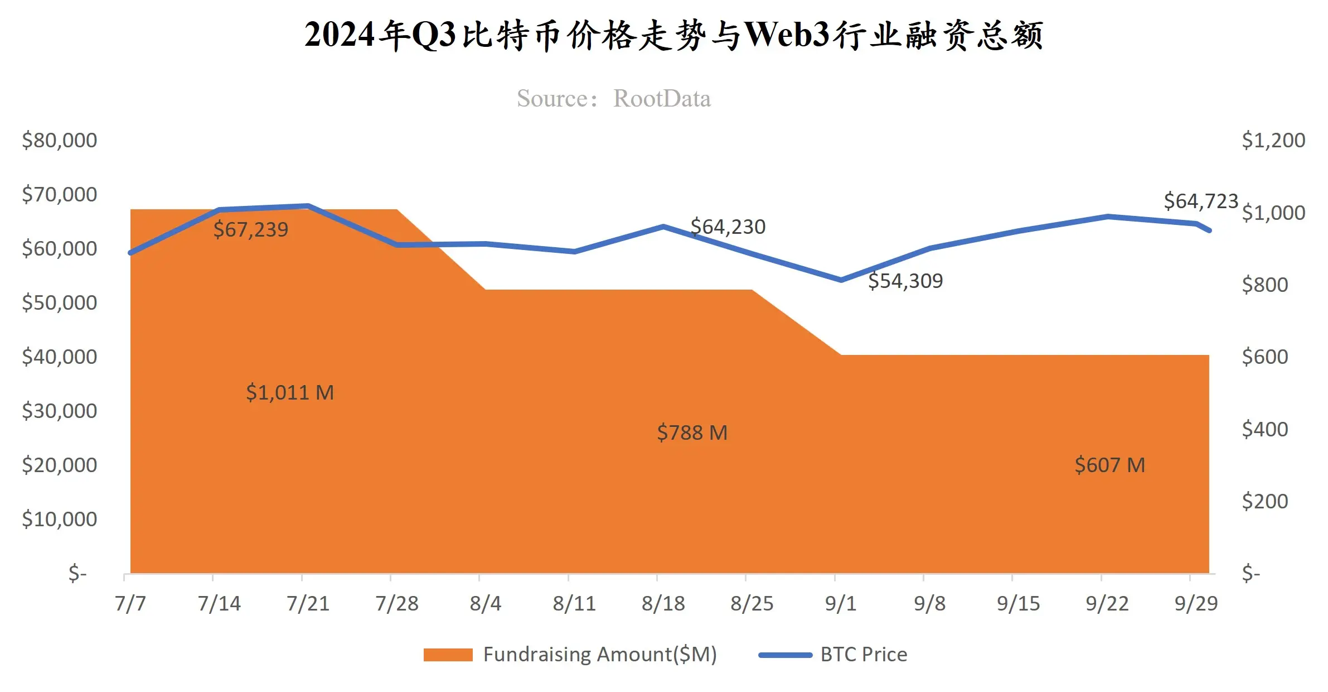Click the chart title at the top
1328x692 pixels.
click(673, 35)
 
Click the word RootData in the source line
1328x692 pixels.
click(662, 99)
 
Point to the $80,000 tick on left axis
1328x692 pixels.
click(59, 140)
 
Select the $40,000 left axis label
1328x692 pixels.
click(59, 357)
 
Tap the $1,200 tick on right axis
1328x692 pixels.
click(1273, 140)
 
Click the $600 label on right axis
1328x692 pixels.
click(1264, 357)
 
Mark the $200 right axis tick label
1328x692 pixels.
click(1264, 501)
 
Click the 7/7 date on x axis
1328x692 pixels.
click(130, 603)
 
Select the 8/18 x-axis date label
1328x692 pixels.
click(663, 603)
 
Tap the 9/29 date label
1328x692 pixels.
click(1196, 603)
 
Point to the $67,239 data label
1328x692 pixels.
click(251, 229)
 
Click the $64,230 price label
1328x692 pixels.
click(728, 227)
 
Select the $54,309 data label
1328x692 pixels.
click(905, 281)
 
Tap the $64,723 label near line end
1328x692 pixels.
click(1200, 201)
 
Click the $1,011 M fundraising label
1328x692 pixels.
click(290, 392)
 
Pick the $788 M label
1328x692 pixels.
click(692, 433)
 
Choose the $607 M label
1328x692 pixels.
click(1109, 465)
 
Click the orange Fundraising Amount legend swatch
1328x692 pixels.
click(448, 655)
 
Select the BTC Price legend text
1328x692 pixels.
click(864, 655)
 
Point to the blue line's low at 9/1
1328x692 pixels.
click(841, 280)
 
